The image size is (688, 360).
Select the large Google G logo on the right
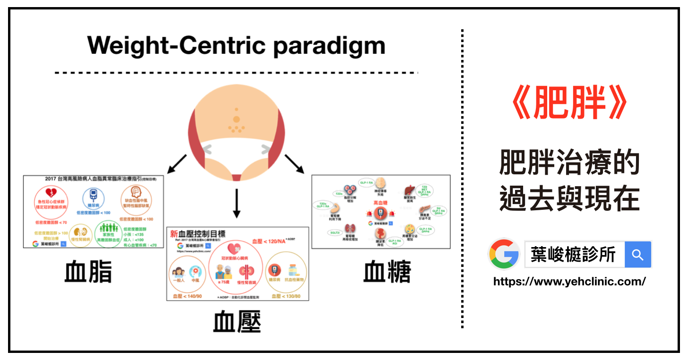[504, 254]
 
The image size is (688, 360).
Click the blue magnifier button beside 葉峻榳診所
[637, 255]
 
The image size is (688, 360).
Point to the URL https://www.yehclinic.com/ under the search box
[569, 282]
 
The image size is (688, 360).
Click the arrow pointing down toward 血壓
[237, 204]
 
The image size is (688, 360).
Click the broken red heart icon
[51, 194]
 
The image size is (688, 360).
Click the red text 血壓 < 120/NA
[270, 241]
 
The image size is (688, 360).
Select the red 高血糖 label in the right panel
[380, 202]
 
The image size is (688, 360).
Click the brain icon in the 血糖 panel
[381, 183]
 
